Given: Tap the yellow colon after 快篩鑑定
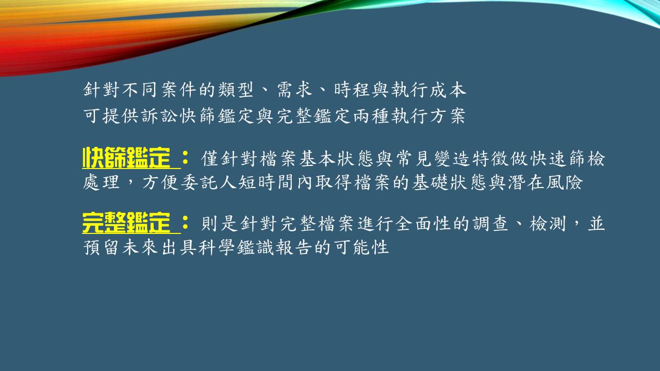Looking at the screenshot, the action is tap(185, 158).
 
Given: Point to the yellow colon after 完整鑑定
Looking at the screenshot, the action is tap(185, 223).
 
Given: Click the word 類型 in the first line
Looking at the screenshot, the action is tap(236, 90).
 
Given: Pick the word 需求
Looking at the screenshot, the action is tap(294, 90).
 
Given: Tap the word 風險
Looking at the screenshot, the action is tap(564, 182).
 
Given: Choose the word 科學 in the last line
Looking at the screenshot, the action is tap(216, 247).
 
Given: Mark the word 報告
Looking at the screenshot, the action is tap(293, 247).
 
